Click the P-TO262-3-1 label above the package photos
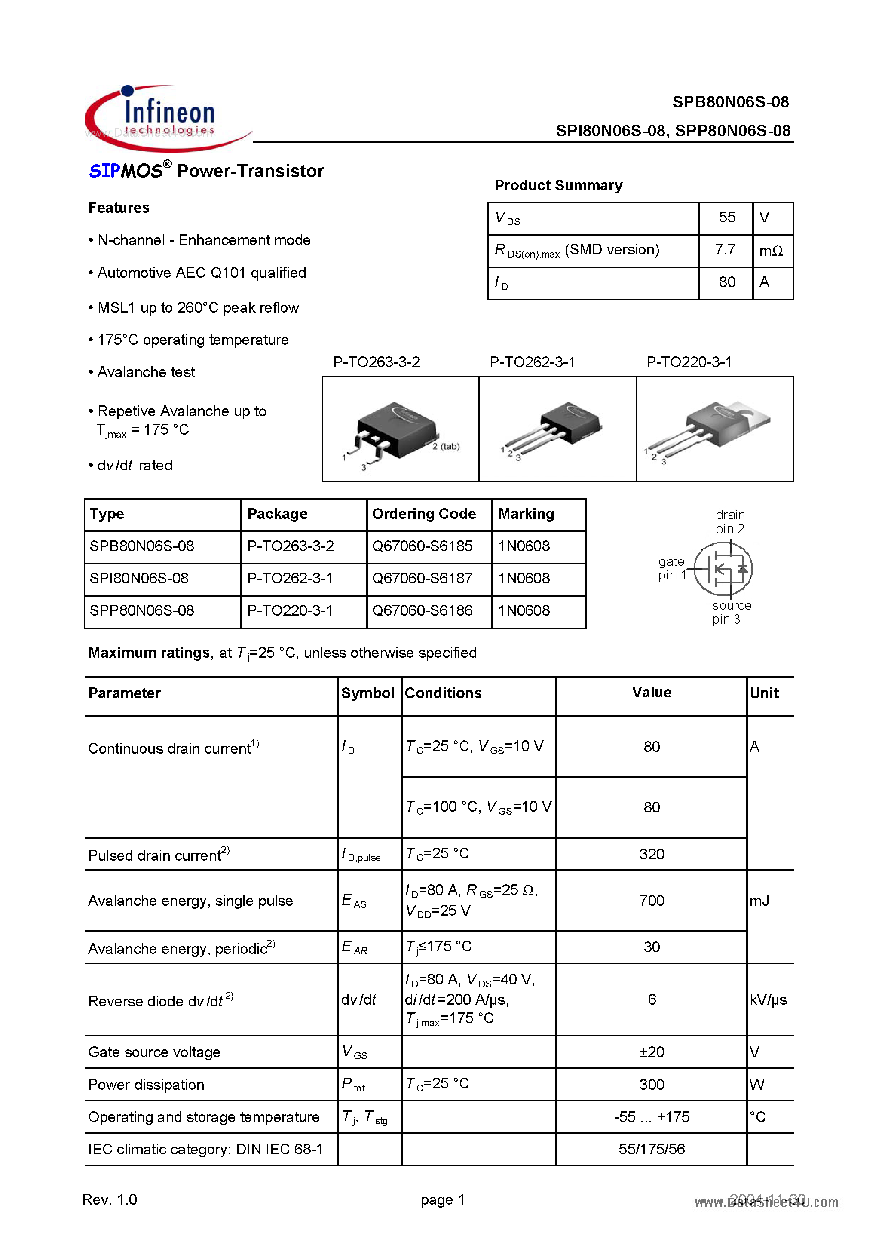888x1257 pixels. point(532,362)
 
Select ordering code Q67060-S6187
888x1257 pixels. point(422,578)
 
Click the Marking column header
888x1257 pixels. point(526,514)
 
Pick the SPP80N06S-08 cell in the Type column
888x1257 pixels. point(142,610)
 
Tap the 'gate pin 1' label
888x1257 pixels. point(672,568)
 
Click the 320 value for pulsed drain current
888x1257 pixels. point(652,854)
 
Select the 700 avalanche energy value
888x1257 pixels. point(652,901)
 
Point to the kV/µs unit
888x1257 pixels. point(768,999)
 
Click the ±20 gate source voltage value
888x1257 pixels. point(652,1052)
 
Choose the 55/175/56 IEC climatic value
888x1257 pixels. point(652,1149)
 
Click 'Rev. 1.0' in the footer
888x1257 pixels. point(110,1199)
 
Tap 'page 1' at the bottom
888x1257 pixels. point(442,1199)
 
